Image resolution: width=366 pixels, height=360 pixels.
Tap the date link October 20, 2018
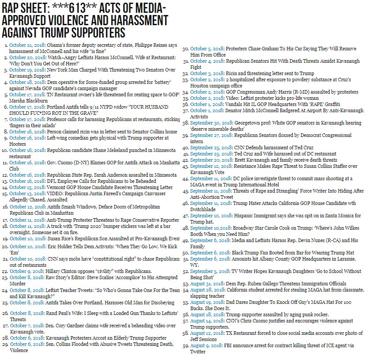[25, 58]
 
